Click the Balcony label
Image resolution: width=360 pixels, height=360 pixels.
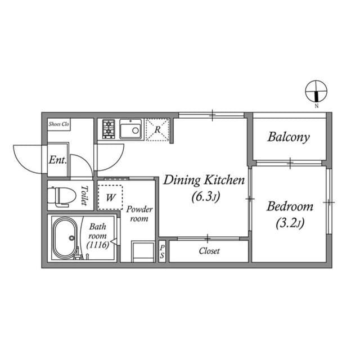pos(289,137)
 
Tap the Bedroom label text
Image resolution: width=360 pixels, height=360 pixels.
pos(290,206)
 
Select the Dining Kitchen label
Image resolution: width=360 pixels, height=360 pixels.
pos(204,181)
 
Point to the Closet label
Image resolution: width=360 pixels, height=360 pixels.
pos(209,251)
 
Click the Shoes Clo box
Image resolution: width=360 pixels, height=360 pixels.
pos(58,124)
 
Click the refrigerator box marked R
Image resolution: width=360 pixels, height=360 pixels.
pos(158,130)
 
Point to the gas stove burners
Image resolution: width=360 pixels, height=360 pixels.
pos(108,130)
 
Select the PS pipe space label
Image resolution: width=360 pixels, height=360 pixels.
pos(162,251)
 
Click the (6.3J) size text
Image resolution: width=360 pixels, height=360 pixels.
pos(204,197)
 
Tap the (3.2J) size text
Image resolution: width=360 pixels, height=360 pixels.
pos(290,224)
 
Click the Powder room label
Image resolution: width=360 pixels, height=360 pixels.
pos(139,214)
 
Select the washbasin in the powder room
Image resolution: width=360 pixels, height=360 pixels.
pos(142,250)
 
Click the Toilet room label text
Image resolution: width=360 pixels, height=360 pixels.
pos(84,195)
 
